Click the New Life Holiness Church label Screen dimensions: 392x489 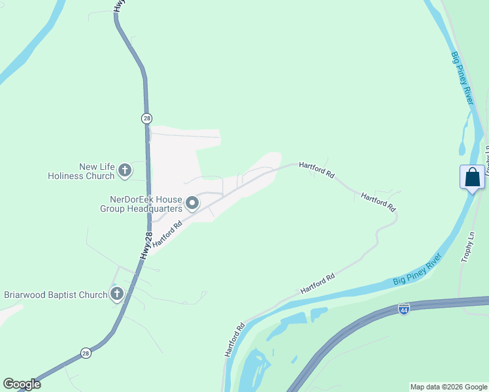point(81,171)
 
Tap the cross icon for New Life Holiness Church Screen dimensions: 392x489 point(125,171)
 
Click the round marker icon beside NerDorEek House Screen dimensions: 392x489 point(192,204)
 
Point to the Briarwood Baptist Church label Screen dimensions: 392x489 point(56,295)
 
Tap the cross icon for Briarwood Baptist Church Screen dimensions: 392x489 point(117,294)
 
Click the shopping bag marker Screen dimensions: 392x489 point(472,178)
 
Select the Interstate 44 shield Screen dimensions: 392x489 point(404,308)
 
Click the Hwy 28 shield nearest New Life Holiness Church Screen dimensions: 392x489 point(146,118)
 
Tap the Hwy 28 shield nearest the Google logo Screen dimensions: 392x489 point(86,353)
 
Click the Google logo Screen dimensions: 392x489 point(22,384)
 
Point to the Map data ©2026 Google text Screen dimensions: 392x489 point(448,387)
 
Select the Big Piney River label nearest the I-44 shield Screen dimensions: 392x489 point(418,270)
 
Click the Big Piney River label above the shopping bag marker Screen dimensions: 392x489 point(462,76)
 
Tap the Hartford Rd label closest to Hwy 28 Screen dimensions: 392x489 point(167,233)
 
